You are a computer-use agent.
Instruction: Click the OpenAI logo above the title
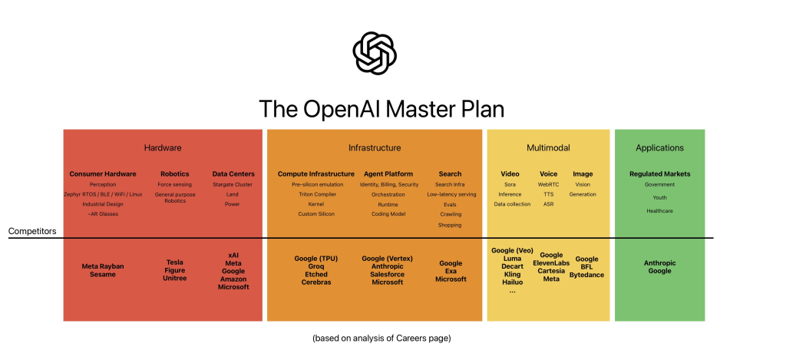click(x=375, y=53)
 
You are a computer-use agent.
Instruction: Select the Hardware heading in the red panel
click(x=163, y=147)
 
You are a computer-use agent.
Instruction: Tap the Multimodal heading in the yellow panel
click(x=547, y=147)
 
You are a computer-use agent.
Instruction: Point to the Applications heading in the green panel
click(x=659, y=147)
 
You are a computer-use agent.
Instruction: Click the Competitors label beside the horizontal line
click(x=31, y=230)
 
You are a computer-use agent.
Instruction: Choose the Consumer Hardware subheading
click(x=103, y=173)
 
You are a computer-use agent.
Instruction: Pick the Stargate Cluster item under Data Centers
click(x=233, y=184)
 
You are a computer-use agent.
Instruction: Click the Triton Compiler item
click(x=316, y=194)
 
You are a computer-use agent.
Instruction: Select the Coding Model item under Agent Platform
click(x=388, y=214)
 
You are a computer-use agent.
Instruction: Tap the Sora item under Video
click(x=510, y=184)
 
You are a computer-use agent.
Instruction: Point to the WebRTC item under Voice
click(x=548, y=184)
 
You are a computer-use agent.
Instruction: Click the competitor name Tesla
click(x=175, y=263)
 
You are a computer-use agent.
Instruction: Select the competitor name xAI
click(x=233, y=253)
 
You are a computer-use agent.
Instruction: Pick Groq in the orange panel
click(x=316, y=266)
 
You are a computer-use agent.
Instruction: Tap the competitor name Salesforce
click(x=388, y=274)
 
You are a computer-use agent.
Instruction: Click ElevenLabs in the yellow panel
click(x=551, y=263)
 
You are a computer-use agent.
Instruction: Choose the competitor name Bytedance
click(x=586, y=275)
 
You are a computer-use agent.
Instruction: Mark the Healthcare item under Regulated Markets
click(x=659, y=210)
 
